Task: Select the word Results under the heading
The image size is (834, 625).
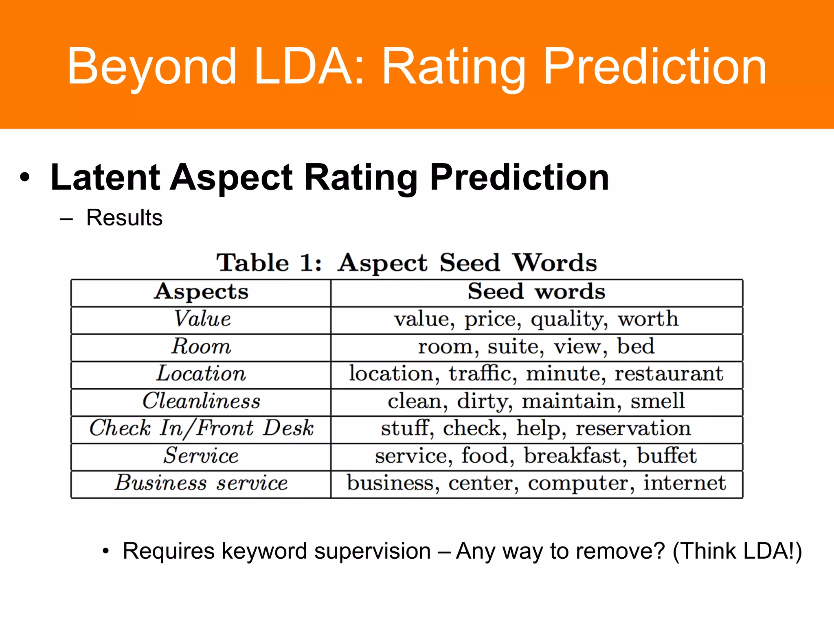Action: click(124, 218)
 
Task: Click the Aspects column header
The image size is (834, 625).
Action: click(201, 292)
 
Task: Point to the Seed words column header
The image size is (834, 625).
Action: click(536, 292)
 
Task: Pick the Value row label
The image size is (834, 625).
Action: click(202, 319)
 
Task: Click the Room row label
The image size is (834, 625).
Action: click(201, 347)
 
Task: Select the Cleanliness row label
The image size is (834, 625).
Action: click(201, 401)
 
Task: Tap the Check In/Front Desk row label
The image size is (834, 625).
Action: click(201, 428)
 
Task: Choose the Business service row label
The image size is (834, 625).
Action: click(201, 483)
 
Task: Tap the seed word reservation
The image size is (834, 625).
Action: click(633, 428)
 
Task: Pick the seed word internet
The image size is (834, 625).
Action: click(684, 483)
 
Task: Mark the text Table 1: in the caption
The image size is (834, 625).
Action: click(269, 263)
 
